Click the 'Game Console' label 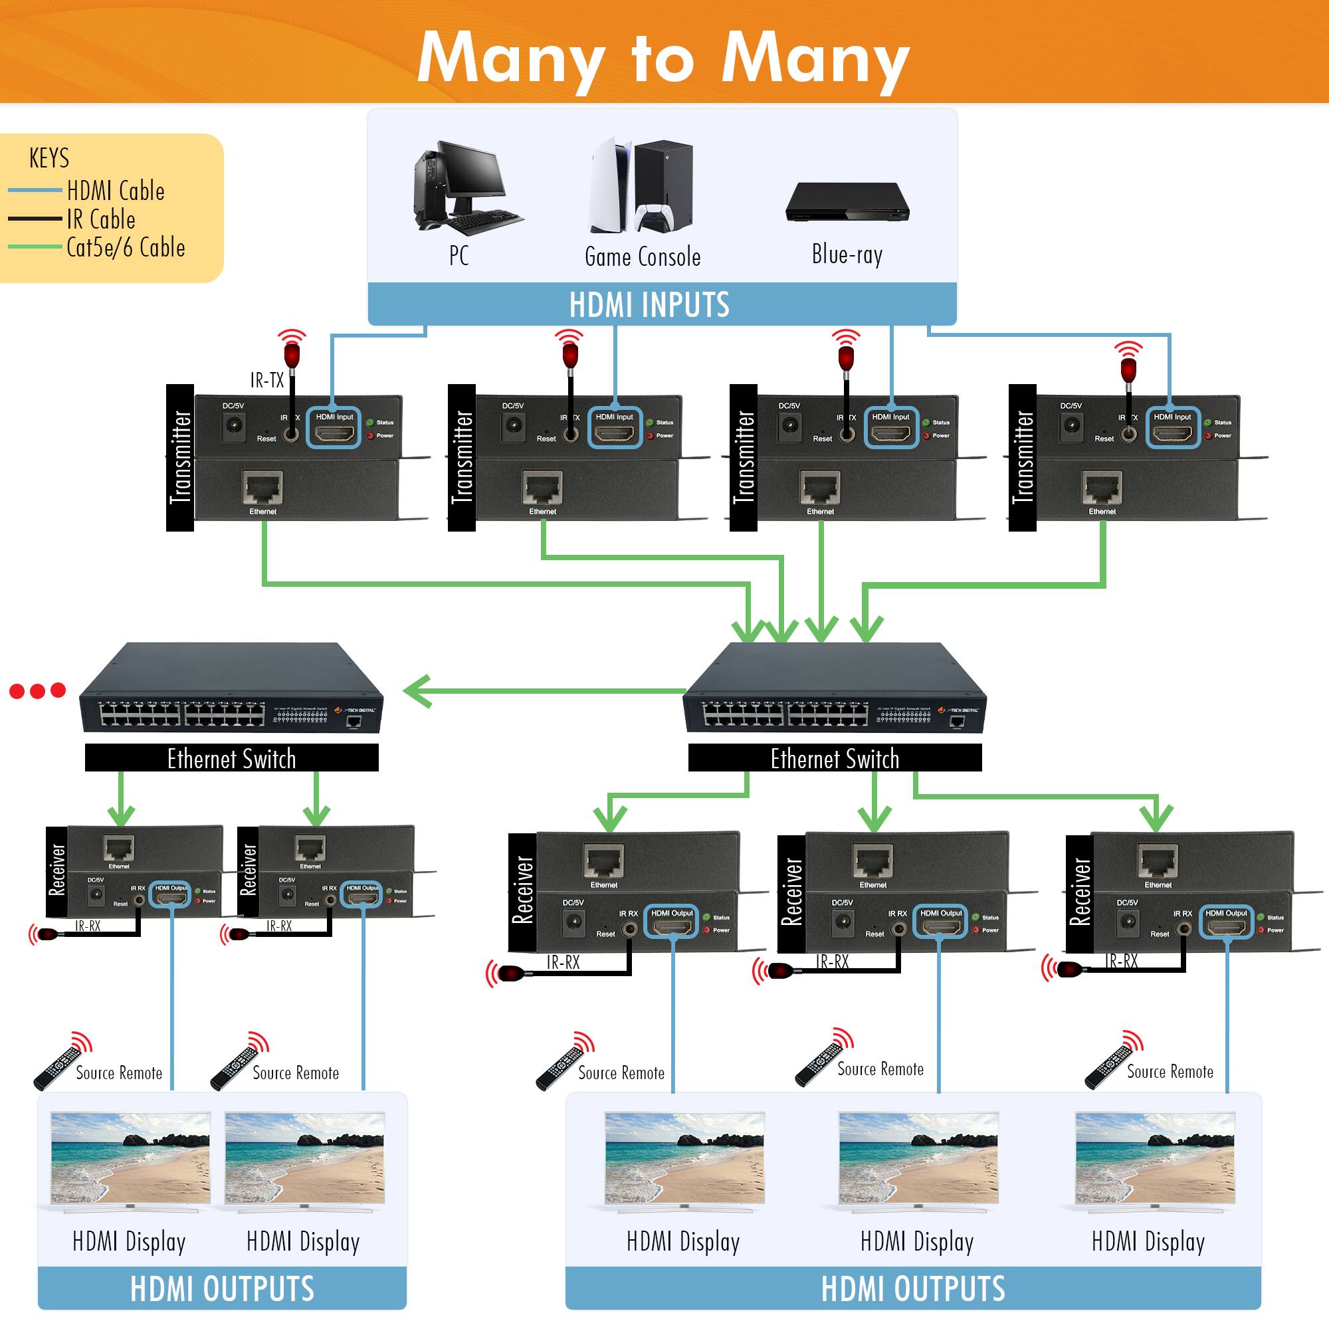coord(643,256)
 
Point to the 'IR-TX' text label coord(266,380)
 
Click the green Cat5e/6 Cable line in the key coord(35,247)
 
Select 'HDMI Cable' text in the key coord(116,191)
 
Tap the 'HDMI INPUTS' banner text coord(649,304)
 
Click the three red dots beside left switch coord(38,690)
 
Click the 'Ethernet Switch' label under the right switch coord(835,758)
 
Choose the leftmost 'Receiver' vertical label coord(56,870)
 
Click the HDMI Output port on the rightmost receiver coord(1226,926)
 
